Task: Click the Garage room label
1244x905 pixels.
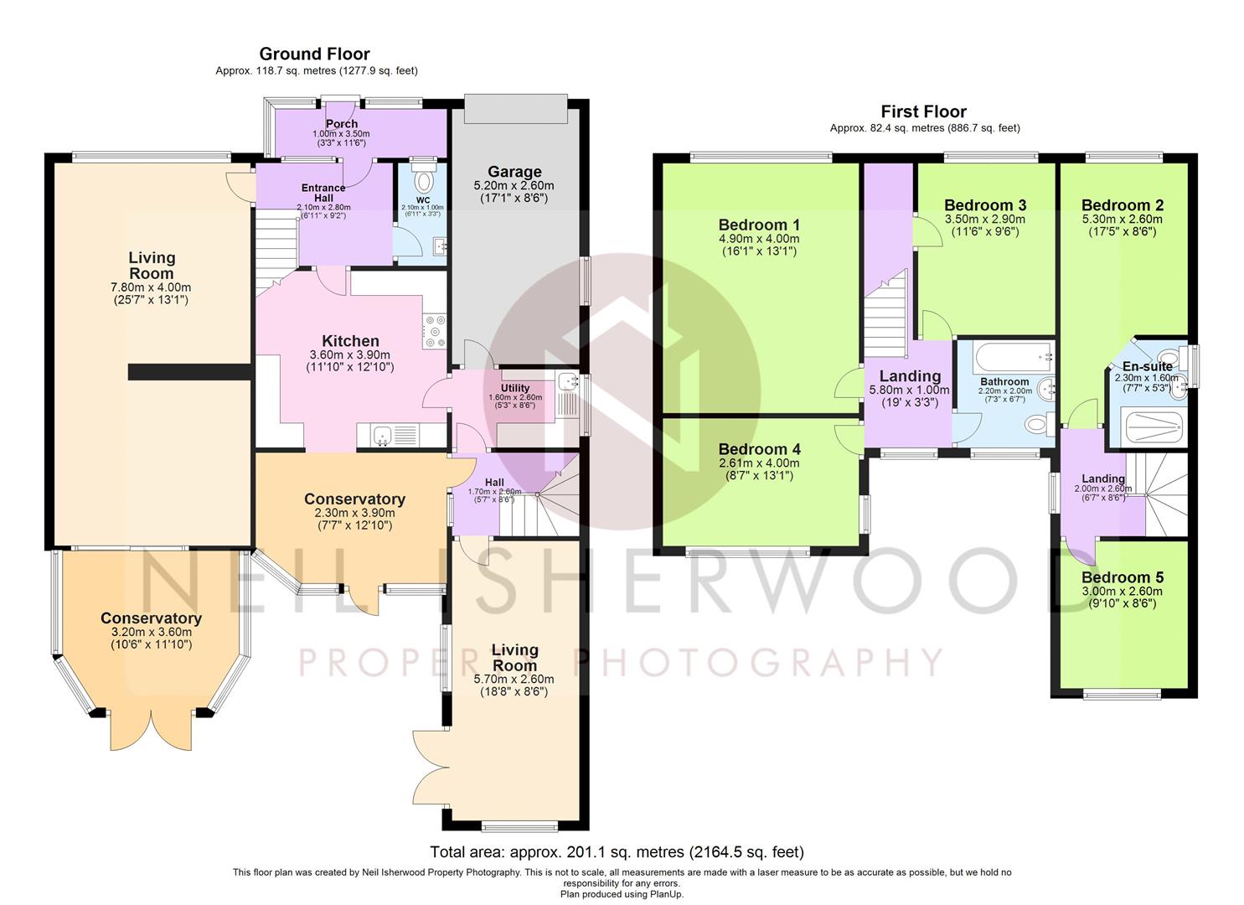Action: point(514,172)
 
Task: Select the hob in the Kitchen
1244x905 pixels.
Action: point(434,331)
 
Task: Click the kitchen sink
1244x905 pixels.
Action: point(383,434)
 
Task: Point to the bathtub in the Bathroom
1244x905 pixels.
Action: point(1013,357)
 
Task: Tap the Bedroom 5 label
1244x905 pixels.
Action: point(1123,577)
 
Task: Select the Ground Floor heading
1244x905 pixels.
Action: point(314,54)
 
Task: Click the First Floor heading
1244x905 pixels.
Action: point(923,111)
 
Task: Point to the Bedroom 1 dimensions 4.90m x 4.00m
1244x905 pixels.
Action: point(759,239)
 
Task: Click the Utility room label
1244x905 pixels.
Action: point(515,388)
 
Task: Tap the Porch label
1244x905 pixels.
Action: point(342,123)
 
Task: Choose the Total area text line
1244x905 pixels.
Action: point(617,851)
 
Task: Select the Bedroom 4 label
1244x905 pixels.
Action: point(759,449)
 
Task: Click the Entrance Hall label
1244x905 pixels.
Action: point(323,193)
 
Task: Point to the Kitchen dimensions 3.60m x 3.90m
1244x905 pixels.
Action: point(350,355)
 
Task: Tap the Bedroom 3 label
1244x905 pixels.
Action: point(985,205)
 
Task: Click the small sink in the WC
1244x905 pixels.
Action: point(440,246)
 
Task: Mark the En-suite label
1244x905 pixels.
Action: point(1147,367)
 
